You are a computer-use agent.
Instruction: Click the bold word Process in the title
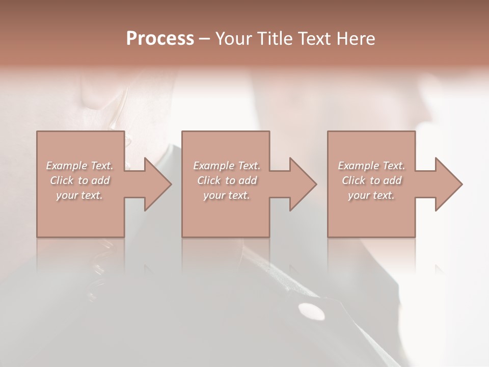point(160,39)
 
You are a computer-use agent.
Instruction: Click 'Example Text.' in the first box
point(79,166)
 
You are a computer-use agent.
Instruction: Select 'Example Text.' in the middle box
point(227,166)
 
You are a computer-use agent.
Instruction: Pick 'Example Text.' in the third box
point(371,166)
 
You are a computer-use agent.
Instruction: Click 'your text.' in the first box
point(79,195)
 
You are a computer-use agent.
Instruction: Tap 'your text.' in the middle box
point(227,195)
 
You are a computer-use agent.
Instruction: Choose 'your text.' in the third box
point(371,195)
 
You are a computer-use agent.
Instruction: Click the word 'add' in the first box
point(101,180)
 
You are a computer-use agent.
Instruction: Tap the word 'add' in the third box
point(393,180)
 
